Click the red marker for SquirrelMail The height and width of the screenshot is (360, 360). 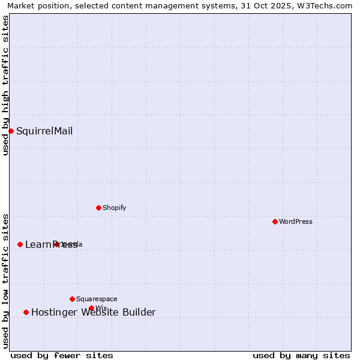pos(11,131)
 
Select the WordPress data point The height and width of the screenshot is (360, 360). pos(275,221)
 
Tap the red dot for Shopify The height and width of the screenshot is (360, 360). pos(98,208)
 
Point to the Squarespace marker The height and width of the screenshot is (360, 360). pos(72,299)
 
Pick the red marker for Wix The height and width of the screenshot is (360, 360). pos(91,308)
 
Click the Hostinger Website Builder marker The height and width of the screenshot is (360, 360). pos(26,312)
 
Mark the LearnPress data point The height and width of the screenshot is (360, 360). pos(20,244)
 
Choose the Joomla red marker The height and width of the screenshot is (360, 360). pos(56,244)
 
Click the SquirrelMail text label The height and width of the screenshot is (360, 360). pos(44,131)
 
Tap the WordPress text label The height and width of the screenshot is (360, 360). pos(295,221)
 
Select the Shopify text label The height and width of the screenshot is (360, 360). pos(114,208)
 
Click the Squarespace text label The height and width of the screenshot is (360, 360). pos(97,299)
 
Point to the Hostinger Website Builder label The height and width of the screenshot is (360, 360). pos(94,312)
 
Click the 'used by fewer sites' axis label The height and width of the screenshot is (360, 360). pos(62,355)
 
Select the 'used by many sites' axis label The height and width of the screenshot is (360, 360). pos(301,355)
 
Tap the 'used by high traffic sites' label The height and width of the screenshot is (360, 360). pos(5,85)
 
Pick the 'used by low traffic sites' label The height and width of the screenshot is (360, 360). pos(5,280)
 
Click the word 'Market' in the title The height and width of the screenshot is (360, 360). pos(20,5)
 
